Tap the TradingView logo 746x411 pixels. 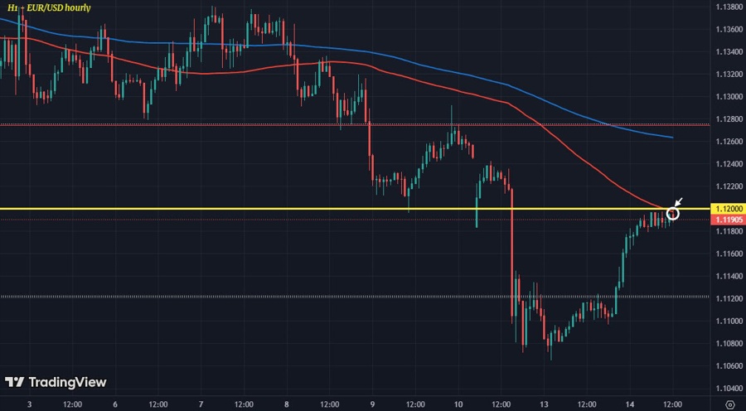coord(56,382)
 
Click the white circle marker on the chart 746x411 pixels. coord(673,213)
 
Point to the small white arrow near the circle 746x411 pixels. coord(679,202)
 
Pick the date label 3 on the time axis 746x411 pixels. coord(29,404)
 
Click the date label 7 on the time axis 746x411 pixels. coord(201,404)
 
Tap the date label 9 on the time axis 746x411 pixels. coord(373,404)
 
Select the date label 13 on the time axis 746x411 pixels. coord(545,404)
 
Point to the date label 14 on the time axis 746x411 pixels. coord(630,404)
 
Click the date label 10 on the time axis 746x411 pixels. coord(458,404)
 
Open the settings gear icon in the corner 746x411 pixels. coord(729,404)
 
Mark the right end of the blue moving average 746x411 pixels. coord(671,138)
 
